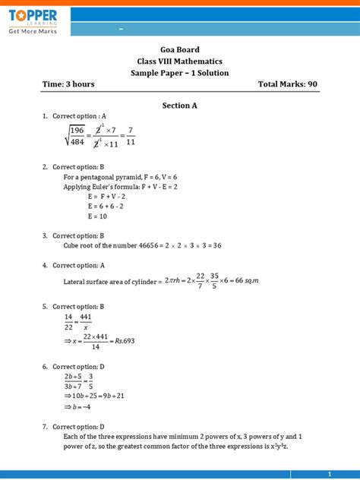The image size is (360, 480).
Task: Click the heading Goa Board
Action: pyautogui.click(x=179, y=49)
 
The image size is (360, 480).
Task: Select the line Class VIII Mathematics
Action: pyautogui.click(x=179, y=61)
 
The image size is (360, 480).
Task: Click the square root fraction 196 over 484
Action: pyautogui.click(x=76, y=137)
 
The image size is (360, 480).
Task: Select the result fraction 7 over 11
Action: pyautogui.click(x=131, y=137)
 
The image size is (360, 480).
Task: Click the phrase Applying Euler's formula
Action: pyautogui.click(x=103, y=186)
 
